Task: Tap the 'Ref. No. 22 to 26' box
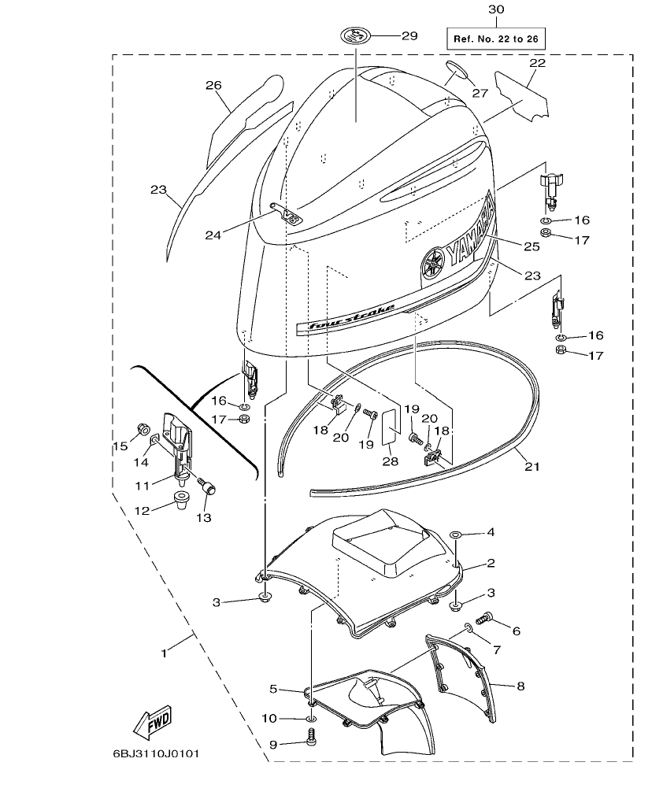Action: coord(495,38)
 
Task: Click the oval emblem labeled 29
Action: coord(356,35)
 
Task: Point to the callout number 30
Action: coord(494,9)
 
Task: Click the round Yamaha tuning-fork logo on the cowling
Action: coord(432,263)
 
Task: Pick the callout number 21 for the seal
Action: coord(532,466)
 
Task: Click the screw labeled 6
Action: coord(487,619)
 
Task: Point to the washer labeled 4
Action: coord(457,534)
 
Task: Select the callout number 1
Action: coord(164,653)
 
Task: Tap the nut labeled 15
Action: coord(144,428)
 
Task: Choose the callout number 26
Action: coord(214,85)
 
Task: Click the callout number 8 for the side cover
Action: coord(520,686)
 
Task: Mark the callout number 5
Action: coord(273,689)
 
